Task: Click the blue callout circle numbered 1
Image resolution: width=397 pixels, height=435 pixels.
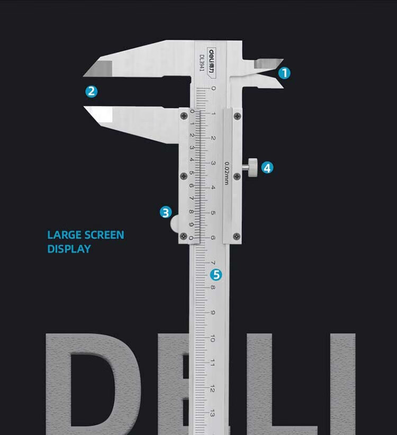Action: (x=284, y=73)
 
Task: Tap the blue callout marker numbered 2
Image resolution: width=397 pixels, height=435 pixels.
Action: (x=92, y=91)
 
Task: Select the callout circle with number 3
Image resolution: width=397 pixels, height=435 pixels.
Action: (x=166, y=212)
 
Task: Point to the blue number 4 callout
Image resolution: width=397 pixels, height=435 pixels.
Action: (x=267, y=168)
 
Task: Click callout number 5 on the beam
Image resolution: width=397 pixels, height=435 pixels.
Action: (x=215, y=275)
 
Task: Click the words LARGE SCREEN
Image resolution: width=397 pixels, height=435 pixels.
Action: (x=86, y=235)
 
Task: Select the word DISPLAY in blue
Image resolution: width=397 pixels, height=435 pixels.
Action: (x=69, y=248)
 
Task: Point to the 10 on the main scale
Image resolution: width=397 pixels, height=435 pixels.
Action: (x=213, y=338)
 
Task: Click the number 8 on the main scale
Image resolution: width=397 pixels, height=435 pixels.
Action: (x=213, y=288)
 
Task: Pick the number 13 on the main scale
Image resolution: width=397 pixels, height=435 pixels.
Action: (x=212, y=413)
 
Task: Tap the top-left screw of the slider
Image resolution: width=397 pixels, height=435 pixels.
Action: (x=183, y=115)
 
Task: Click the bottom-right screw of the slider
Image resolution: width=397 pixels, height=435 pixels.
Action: (x=237, y=236)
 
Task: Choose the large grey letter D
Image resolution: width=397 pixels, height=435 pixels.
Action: (x=93, y=383)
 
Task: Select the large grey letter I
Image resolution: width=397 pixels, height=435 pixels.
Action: (x=341, y=383)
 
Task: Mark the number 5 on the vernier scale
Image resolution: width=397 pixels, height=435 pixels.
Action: (x=192, y=172)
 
